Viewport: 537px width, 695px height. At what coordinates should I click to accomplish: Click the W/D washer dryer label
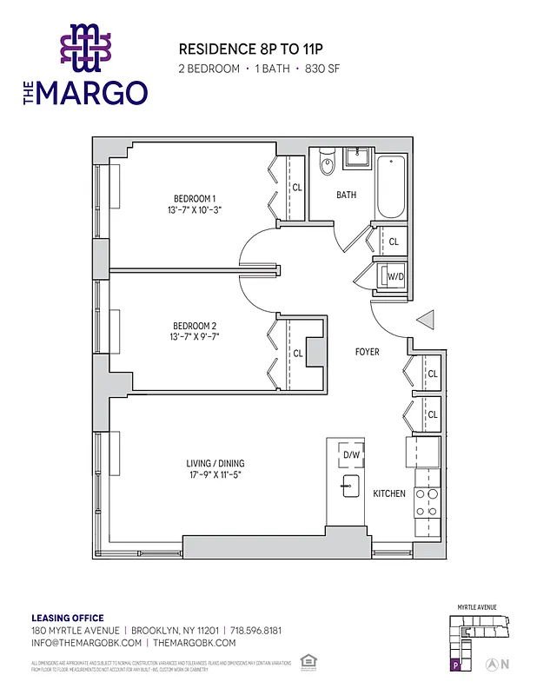pyautogui.click(x=394, y=276)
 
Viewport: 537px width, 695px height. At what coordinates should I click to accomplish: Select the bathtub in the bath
pyautogui.click(x=390, y=187)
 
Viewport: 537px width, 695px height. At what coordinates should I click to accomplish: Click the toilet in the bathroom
pyautogui.click(x=327, y=163)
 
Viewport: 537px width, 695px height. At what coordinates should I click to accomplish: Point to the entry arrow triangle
pyautogui.click(x=426, y=320)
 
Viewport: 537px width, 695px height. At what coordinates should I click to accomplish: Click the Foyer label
pyautogui.click(x=368, y=353)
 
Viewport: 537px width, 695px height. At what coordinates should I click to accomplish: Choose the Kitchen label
pyautogui.click(x=389, y=493)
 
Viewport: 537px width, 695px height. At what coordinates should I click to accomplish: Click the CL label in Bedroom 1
pyautogui.click(x=297, y=187)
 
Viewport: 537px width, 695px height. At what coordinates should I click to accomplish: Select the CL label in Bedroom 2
pyautogui.click(x=298, y=354)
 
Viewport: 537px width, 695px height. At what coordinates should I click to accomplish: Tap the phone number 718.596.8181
pyautogui.click(x=255, y=630)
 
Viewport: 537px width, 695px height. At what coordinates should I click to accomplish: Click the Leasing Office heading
pyautogui.click(x=68, y=618)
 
